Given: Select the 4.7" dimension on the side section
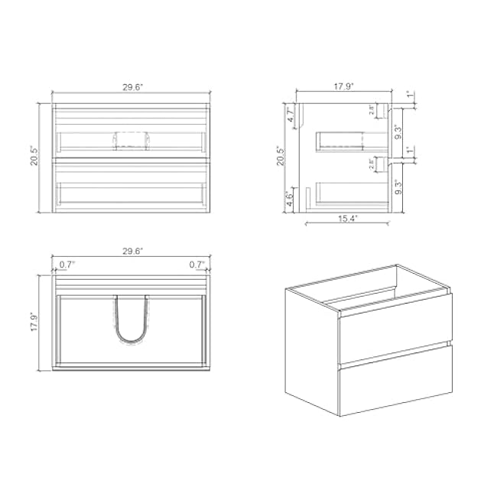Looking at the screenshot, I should [291, 116].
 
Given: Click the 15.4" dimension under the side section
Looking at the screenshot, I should [349, 219].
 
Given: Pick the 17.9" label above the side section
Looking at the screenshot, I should [343, 87].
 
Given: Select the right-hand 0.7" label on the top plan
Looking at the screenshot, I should [197, 265].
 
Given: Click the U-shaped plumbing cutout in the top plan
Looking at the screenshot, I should [130, 321].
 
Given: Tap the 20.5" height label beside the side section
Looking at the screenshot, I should [281, 158].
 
